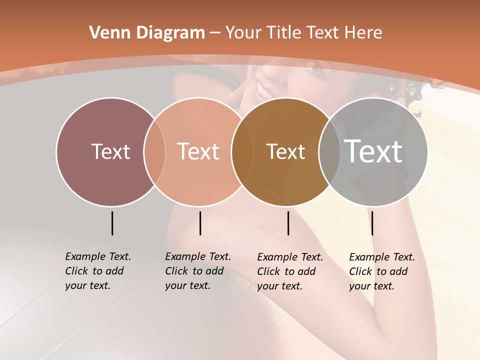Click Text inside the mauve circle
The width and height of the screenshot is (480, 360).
click(x=110, y=151)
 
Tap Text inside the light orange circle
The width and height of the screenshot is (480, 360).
click(x=198, y=151)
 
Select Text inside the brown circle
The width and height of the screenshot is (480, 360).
click(x=285, y=151)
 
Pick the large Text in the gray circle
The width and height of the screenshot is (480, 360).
click(x=373, y=151)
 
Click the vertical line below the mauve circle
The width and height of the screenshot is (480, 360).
click(x=112, y=223)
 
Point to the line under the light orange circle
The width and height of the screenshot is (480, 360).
click(x=200, y=223)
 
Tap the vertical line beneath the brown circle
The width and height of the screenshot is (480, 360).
click(x=288, y=223)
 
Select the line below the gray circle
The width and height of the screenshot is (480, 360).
click(x=372, y=223)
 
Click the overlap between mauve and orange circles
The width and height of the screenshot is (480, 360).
click(x=154, y=151)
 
